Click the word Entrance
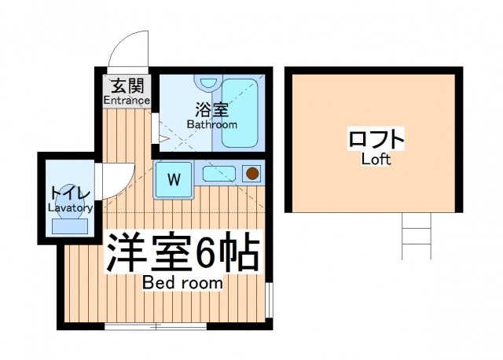click(x=127, y=101)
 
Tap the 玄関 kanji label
click(x=127, y=86)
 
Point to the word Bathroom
click(x=212, y=124)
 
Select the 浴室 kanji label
click(x=211, y=110)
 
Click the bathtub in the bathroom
click(x=240, y=112)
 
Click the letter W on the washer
click(x=174, y=179)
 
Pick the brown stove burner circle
click(x=252, y=174)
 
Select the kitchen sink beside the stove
click(x=219, y=174)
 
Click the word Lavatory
click(x=71, y=208)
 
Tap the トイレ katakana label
click(x=70, y=194)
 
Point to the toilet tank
click(x=70, y=226)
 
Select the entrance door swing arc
click(x=121, y=42)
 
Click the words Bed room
click(x=182, y=283)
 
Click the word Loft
click(x=376, y=160)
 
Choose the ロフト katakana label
click(x=376, y=138)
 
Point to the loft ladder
click(x=417, y=236)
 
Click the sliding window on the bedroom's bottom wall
click(x=156, y=327)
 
